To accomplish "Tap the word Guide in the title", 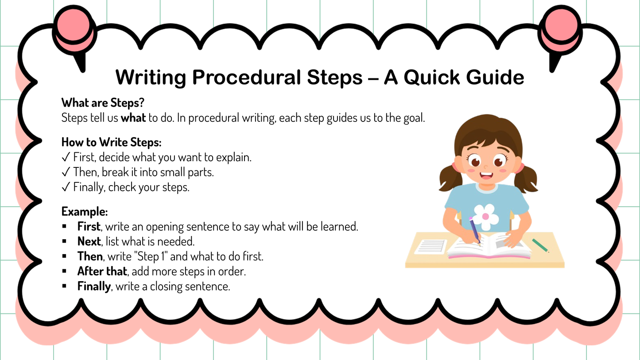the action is coord(495,77).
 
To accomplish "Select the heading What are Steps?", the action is coord(103,103).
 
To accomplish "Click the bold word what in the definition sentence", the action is coord(133,118).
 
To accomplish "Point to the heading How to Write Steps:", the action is coord(112,142).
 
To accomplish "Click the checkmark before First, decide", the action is coord(66,157).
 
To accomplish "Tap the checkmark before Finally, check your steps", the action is coord(66,187).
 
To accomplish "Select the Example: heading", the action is coord(85,212).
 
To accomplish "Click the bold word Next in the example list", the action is coord(89,241).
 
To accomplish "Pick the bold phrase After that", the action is coord(102,271).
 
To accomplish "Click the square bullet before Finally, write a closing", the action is coord(64,286).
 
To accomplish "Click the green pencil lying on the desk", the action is coord(540,246).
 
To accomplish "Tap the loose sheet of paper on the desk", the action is coord(431,246).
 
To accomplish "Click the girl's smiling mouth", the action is coord(486,175).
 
